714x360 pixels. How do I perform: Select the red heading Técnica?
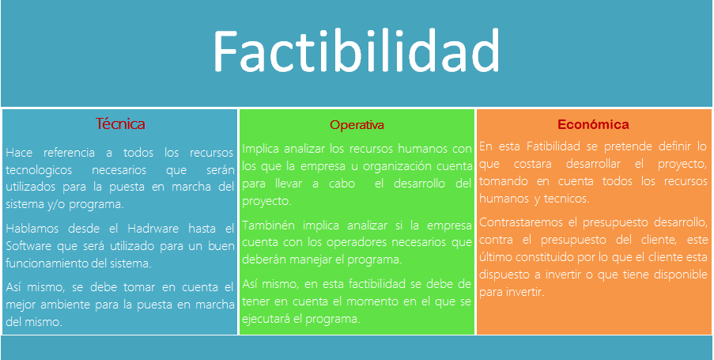pos(120,124)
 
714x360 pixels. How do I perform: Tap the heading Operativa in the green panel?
pos(357,125)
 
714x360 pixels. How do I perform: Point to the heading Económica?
pos(593,124)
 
